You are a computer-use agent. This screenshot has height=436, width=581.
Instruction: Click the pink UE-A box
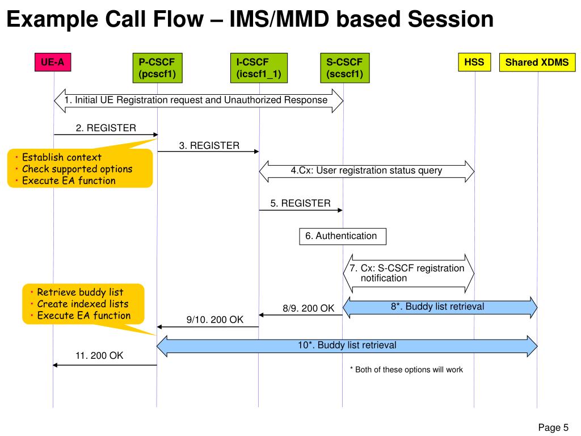coord(53,62)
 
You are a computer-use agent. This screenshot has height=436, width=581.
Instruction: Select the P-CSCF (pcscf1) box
coord(158,68)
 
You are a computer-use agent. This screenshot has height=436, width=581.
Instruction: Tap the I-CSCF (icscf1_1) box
coord(259,68)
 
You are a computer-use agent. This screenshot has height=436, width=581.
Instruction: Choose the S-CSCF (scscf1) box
coord(344,68)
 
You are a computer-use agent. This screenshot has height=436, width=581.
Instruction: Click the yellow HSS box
coord(474,62)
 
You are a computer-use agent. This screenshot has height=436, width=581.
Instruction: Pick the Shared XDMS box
coord(537,62)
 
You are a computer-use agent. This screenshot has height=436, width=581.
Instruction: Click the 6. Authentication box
coord(342,236)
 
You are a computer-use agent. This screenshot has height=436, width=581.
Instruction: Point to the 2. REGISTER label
coord(106,128)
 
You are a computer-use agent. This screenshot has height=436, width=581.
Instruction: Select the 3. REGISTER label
coord(209,145)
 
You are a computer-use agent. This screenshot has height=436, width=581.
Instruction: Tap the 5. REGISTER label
coord(300,203)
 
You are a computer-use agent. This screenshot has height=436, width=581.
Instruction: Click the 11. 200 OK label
coord(99,355)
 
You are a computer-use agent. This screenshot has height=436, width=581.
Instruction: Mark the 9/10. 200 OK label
coord(215,320)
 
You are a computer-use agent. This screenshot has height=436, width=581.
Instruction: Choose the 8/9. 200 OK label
coord(308,308)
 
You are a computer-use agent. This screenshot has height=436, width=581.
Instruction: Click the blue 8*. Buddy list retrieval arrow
coord(440,307)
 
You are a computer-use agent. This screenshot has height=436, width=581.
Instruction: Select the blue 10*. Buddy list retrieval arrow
coord(347,346)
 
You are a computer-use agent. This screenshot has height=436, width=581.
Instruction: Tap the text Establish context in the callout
coord(61,157)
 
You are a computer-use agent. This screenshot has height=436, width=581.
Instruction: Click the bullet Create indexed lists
coord(83,304)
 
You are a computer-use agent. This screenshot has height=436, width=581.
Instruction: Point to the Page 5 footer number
coord(553,427)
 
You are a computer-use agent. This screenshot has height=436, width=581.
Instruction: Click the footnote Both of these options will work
coord(409,370)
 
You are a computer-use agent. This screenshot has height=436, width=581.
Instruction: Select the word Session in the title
coord(451,19)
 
